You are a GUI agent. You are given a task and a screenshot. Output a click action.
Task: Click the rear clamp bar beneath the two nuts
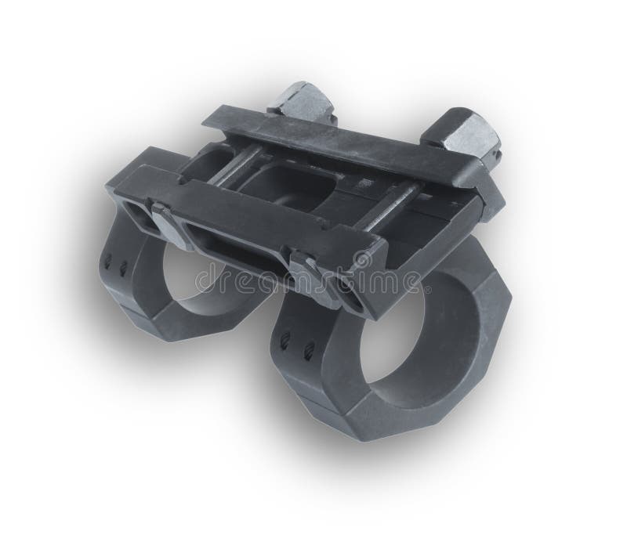[x=345, y=148]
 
